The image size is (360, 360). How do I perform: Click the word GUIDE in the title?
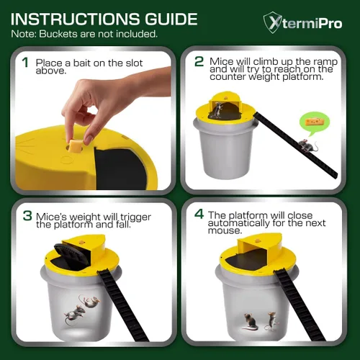[171, 19]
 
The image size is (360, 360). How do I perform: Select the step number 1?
[25, 63]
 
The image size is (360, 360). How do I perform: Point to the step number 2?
[199, 61]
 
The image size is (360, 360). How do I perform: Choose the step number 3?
[27, 215]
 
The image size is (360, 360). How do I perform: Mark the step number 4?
[199, 214]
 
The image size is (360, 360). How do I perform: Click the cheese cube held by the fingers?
[76, 146]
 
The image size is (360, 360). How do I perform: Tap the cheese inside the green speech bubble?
[315, 122]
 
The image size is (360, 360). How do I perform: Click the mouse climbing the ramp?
[308, 145]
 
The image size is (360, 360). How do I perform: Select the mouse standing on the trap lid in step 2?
[217, 110]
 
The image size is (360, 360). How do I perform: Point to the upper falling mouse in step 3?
[90, 301]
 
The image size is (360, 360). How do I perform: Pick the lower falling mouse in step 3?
[75, 315]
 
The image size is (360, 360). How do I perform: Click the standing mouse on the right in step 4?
[271, 321]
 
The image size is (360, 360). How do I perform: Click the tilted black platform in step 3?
[70, 254]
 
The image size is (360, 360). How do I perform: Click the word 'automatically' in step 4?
[239, 223]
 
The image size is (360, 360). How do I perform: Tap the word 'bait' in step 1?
[81, 63]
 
